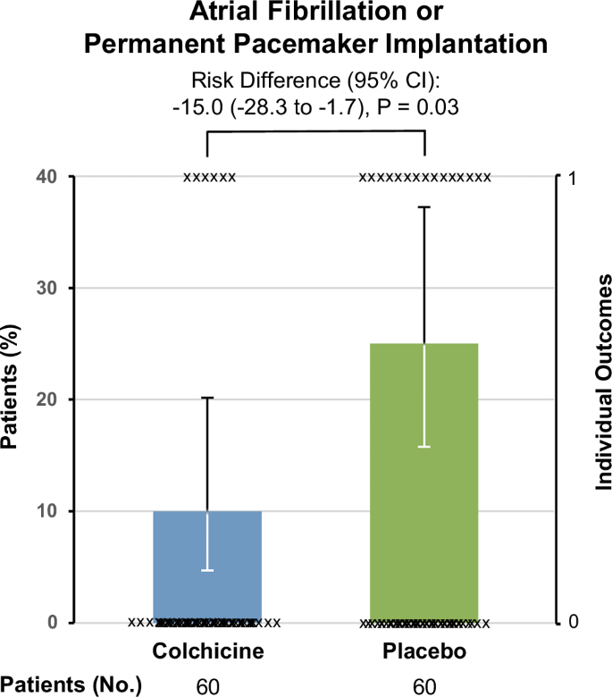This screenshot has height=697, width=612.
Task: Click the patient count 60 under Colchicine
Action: (x=207, y=685)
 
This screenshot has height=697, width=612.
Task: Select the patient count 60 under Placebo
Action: (x=424, y=685)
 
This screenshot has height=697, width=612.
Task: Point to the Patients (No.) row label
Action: (x=71, y=685)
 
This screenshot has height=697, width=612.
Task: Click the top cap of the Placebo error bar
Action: (x=424, y=206)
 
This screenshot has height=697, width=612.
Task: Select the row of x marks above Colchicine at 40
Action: (x=210, y=177)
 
